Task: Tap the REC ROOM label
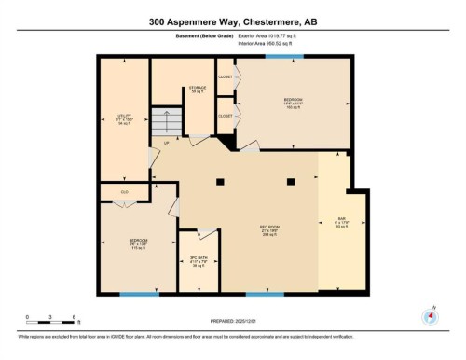270,229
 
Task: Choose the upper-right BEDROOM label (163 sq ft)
294,101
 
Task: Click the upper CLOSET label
226,76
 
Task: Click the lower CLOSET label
226,116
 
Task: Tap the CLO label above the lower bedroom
125,193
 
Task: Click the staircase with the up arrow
165,122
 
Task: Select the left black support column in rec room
219,180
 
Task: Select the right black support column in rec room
290,180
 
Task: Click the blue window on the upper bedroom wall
276,57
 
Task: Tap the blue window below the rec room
265,296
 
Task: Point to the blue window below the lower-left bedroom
139,296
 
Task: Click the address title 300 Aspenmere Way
232,20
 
